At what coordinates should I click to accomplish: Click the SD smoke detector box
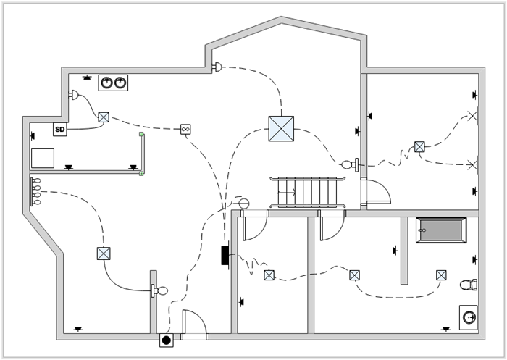point(60,130)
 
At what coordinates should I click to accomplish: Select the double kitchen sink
point(113,83)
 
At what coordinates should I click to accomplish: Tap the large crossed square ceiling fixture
point(280,128)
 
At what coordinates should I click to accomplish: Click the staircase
point(308,193)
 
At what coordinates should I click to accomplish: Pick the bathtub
point(440,230)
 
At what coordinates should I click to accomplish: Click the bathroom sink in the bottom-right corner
point(469,316)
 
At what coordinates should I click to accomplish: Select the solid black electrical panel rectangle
point(225,255)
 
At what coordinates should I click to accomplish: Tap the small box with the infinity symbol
point(185,130)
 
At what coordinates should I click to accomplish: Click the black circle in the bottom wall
point(166,339)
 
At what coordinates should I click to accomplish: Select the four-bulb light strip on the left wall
point(36,192)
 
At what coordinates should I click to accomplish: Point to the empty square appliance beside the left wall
point(43,158)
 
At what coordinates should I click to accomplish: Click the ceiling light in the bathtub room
point(440,275)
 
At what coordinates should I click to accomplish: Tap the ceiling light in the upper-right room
point(419,147)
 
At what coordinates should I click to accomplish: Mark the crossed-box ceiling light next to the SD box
point(104,117)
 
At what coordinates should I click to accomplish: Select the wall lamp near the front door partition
point(159,291)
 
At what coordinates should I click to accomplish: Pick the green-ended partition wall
point(142,154)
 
